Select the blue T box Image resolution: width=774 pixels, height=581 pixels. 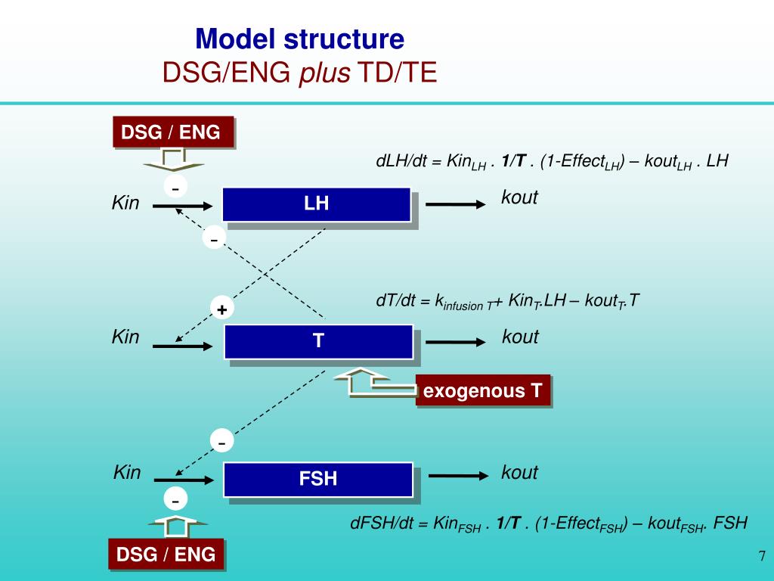(318, 341)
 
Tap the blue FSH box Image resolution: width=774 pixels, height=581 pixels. (318, 478)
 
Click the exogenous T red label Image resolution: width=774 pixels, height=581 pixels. (482, 391)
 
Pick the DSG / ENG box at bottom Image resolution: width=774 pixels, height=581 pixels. (166, 555)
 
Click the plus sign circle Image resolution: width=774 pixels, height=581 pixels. (222, 309)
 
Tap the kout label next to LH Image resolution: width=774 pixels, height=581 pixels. (519, 197)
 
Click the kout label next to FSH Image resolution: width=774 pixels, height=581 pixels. (519, 473)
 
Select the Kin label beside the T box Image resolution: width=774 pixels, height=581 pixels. (125, 337)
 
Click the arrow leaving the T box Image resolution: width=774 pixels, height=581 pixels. (456, 343)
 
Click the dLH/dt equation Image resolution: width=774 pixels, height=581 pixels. (552, 161)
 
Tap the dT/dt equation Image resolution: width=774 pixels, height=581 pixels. (508, 300)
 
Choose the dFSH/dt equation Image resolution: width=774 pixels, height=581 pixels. (549, 523)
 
